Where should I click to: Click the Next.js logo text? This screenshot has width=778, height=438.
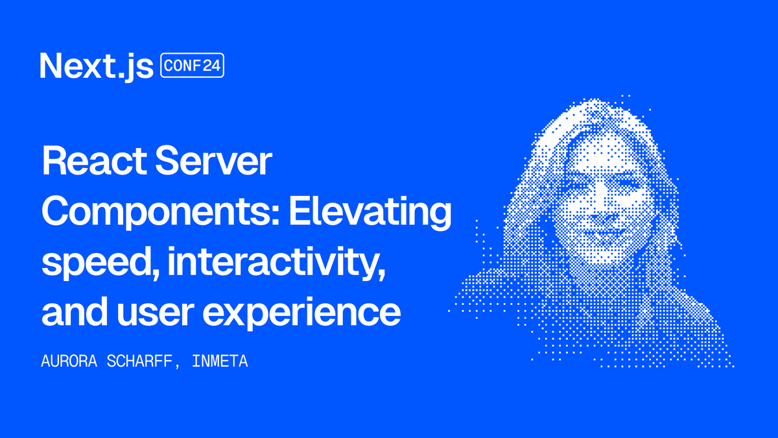(x=97, y=67)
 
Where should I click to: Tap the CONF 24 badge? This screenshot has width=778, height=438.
(x=192, y=65)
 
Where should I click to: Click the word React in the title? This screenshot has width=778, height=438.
(x=94, y=162)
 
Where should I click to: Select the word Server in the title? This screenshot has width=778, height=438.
(x=213, y=162)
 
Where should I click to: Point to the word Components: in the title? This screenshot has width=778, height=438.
(x=161, y=212)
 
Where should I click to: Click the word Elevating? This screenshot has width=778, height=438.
(x=370, y=212)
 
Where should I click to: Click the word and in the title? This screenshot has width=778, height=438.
(x=75, y=311)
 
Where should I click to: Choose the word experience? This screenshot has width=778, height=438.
(x=301, y=313)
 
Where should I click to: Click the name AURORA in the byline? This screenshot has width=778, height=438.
(x=69, y=361)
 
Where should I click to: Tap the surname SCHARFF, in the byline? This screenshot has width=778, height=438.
(x=143, y=362)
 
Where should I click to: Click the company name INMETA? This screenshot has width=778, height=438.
(x=220, y=361)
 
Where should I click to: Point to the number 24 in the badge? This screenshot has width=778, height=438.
(x=212, y=66)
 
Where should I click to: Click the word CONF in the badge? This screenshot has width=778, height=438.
(x=182, y=66)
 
